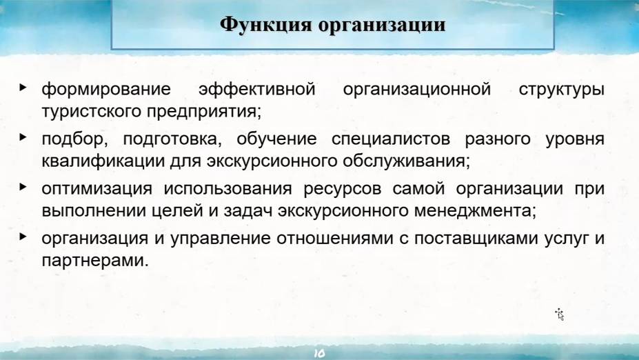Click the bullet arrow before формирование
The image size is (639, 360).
24,88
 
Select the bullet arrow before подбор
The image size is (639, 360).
24,137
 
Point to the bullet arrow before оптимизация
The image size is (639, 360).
24,187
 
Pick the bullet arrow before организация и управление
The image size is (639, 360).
24,237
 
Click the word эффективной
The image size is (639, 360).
256,90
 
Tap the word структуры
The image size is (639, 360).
562,90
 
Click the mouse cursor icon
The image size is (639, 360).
560,314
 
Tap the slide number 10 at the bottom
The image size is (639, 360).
319,352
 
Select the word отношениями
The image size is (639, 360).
325,239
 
